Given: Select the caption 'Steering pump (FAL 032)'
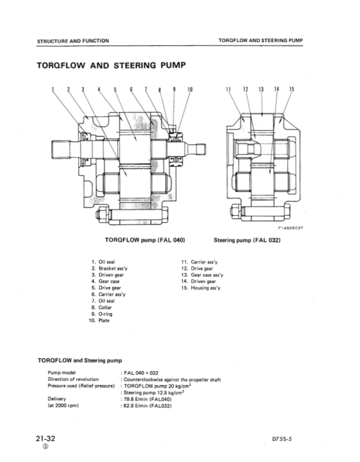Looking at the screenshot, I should [x=247, y=239].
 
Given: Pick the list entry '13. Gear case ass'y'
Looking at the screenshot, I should [x=202, y=275].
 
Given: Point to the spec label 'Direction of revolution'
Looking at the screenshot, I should [x=73, y=379].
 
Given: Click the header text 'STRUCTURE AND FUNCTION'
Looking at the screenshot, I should [x=73, y=41].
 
